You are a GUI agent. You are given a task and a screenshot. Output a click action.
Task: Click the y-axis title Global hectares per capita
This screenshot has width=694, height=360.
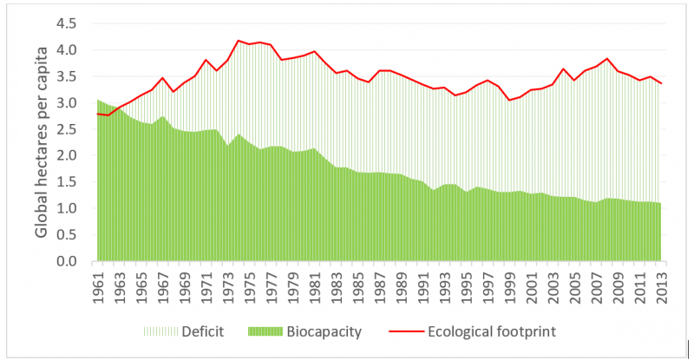pos(42,143)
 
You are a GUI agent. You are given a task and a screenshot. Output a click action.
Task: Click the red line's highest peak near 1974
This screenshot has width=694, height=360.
pos(238,41)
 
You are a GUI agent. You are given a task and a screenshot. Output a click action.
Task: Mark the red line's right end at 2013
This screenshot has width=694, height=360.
pos(663,83)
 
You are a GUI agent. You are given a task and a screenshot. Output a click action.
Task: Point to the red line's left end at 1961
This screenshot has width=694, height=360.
pos(98,114)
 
